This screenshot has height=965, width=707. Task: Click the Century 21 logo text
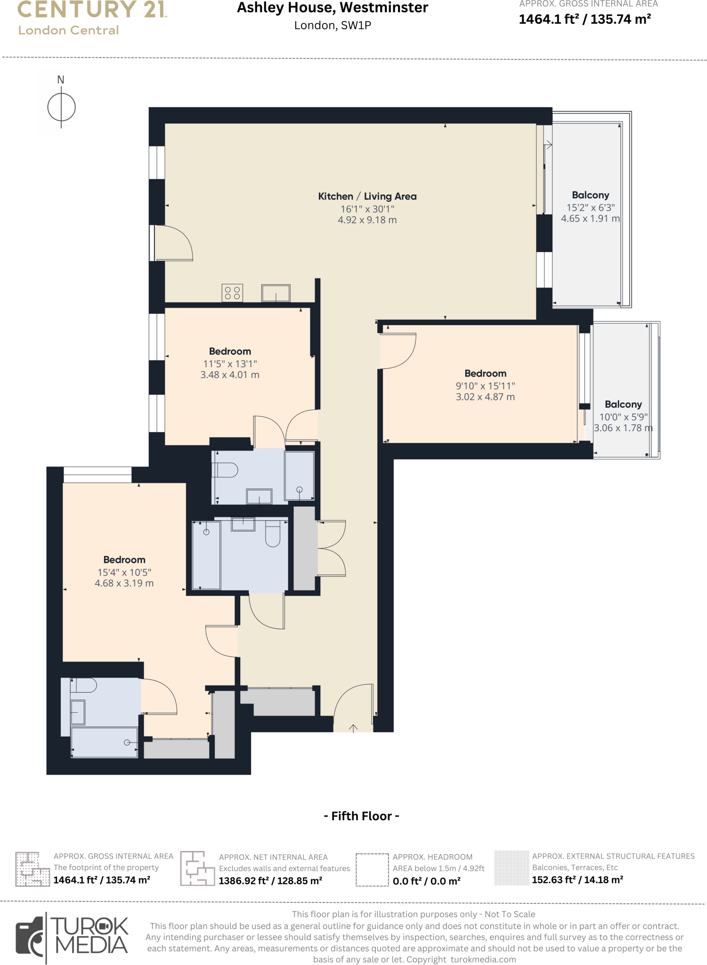click(x=92, y=10)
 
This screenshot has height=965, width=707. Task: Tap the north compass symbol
click(x=61, y=107)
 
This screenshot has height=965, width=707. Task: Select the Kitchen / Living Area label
click(x=367, y=196)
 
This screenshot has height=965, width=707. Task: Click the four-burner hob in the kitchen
click(x=232, y=293)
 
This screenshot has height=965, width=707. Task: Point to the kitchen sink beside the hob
click(x=276, y=293)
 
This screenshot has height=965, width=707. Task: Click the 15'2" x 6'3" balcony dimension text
click(x=590, y=207)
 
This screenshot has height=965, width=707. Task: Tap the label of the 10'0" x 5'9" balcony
click(x=623, y=404)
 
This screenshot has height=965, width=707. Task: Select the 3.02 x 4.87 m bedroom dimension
click(x=485, y=397)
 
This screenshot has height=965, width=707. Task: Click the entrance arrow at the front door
click(x=353, y=728)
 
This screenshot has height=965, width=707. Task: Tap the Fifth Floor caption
click(x=361, y=816)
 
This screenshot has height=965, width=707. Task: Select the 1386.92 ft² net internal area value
click(x=270, y=881)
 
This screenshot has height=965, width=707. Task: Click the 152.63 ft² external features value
click(x=577, y=880)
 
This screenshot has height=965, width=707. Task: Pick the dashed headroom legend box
click(x=372, y=870)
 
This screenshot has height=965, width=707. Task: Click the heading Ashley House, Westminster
click(x=333, y=8)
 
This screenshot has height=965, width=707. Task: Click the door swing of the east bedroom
click(x=398, y=351)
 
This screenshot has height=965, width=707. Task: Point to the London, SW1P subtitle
click(x=333, y=25)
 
